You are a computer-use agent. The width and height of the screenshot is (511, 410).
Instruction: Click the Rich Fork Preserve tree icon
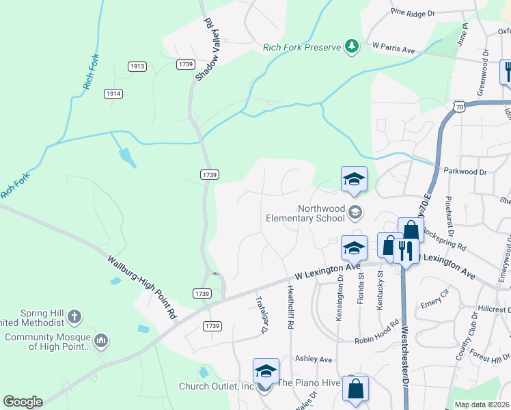click(x=352, y=46)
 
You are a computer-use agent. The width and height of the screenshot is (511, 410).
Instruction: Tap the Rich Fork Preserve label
click(x=301, y=47)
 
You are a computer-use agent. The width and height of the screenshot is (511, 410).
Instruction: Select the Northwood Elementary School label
click(x=305, y=214)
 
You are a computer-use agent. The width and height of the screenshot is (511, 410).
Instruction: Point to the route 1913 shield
click(x=137, y=66)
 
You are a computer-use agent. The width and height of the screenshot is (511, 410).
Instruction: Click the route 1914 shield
click(x=113, y=93)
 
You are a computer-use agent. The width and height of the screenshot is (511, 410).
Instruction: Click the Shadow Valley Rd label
click(x=205, y=50)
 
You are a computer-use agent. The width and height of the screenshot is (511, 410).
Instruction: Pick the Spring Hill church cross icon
click(x=75, y=317)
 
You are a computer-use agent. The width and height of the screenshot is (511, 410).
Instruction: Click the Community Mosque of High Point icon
click(x=101, y=340)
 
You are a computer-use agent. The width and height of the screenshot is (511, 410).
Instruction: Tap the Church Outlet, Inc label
click(x=216, y=386)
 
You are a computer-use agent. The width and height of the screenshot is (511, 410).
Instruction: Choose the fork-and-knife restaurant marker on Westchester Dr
click(x=406, y=251)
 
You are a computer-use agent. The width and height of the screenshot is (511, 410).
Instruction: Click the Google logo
click(x=23, y=402)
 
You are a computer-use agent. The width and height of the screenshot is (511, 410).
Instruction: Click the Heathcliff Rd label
click(x=290, y=308)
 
